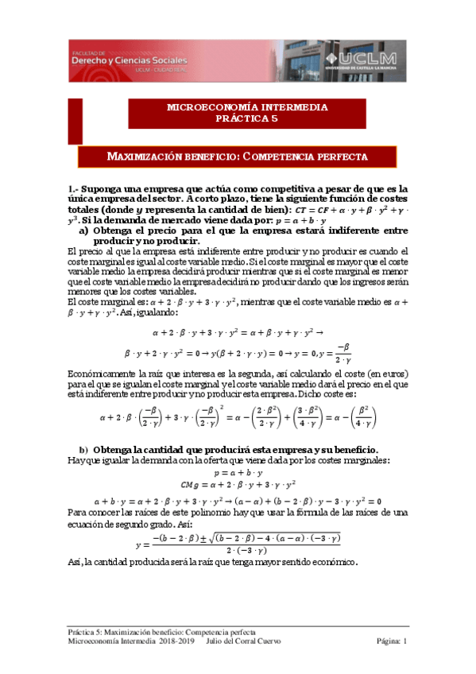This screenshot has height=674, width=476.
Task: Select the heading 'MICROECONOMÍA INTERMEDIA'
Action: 237,107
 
